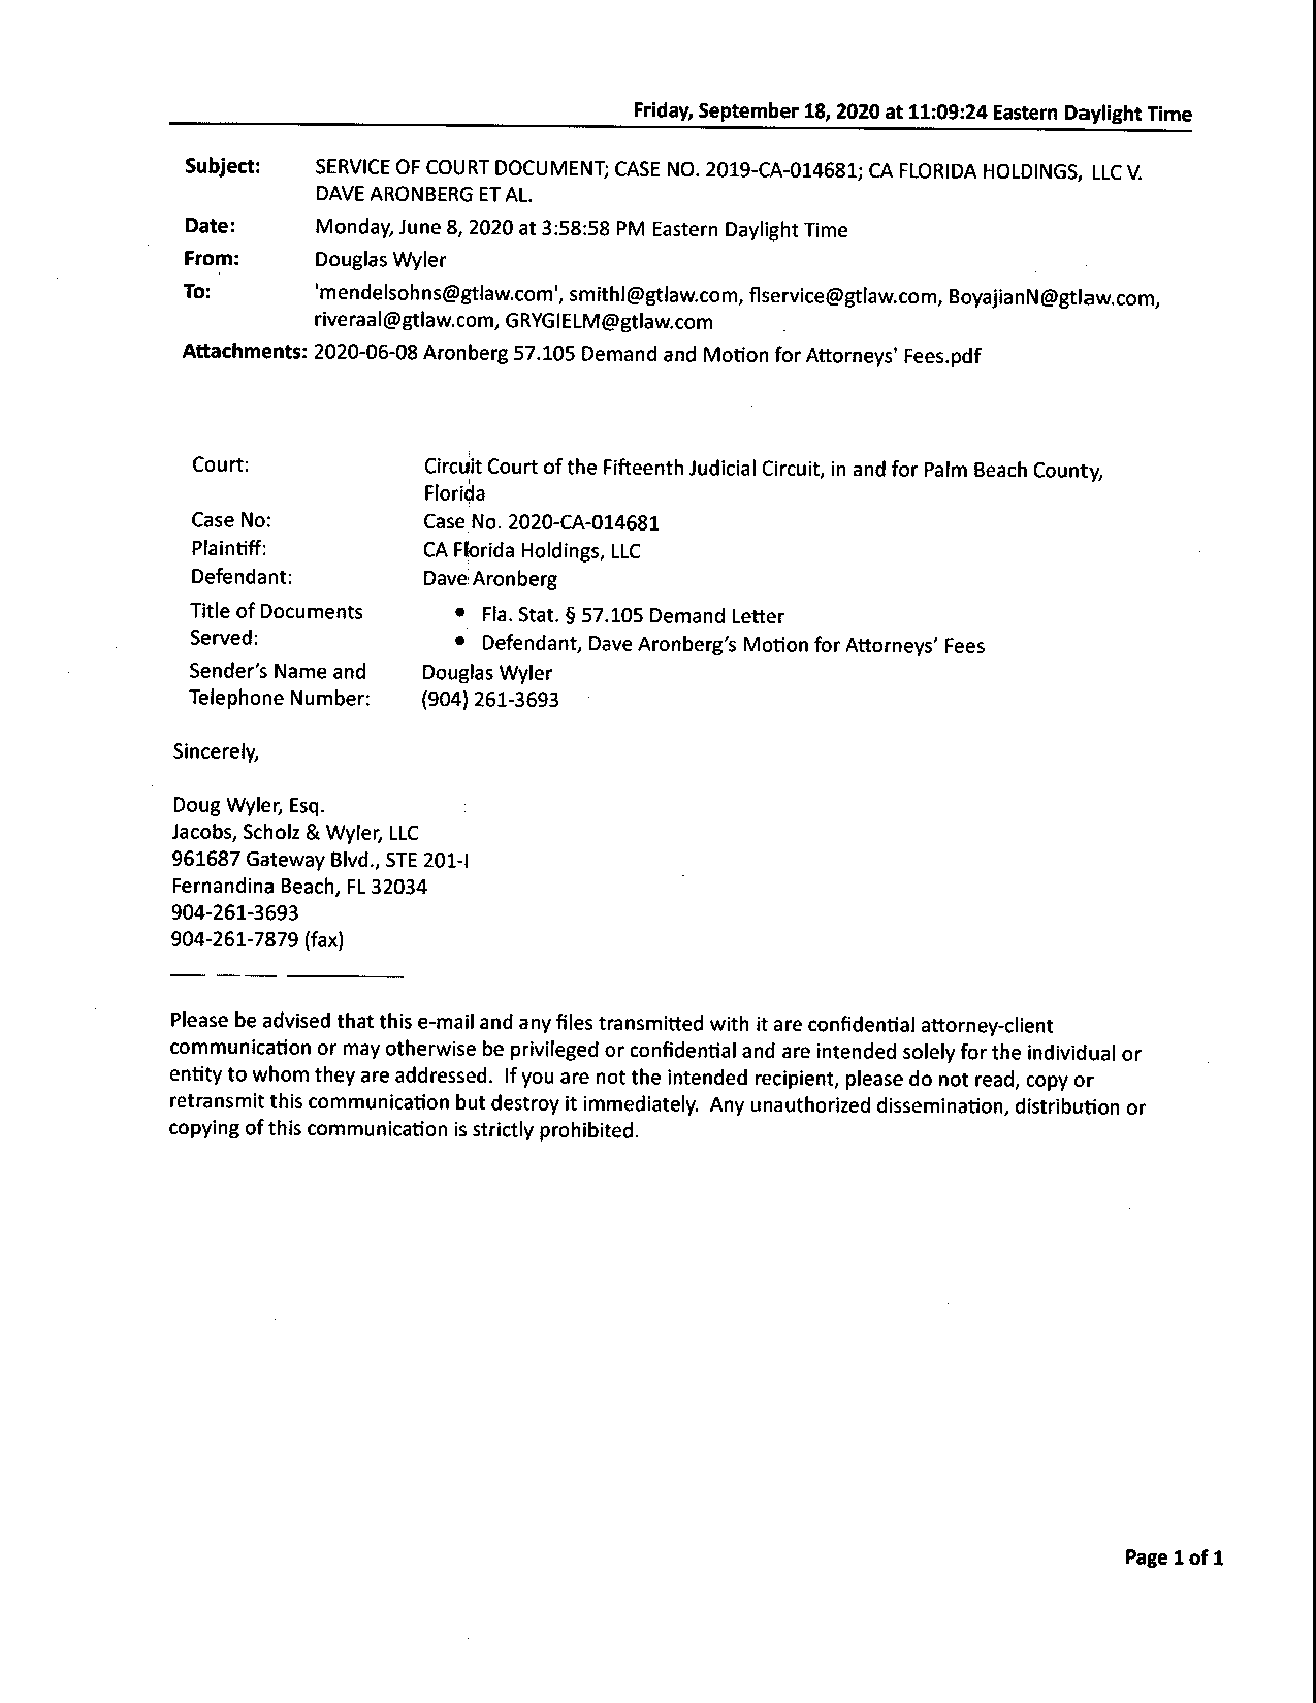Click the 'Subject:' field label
click(222, 167)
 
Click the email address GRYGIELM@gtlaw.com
click(608, 322)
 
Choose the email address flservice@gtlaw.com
click(844, 296)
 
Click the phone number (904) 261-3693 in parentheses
click(490, 699)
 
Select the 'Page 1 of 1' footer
click(1174, 1558)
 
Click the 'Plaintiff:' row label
click(229, 549)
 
